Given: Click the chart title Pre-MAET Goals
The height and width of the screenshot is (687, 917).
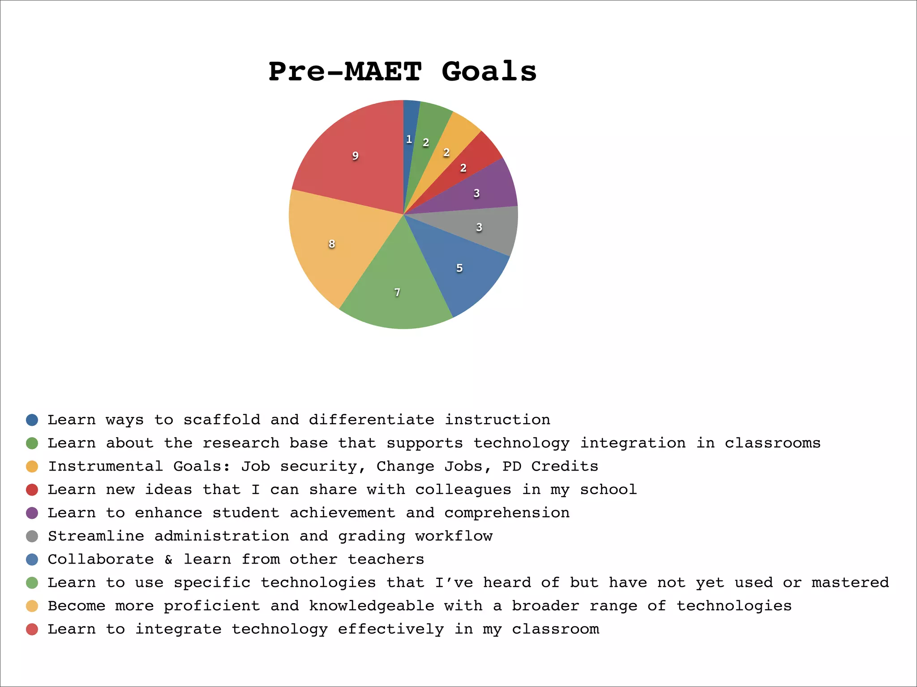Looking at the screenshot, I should pyautogui.click(x=402, y=72).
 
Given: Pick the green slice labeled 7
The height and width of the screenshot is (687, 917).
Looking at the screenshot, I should pyautogui.click(x=396, y=286).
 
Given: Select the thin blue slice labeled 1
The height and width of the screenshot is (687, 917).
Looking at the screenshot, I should pyautogui.click(x=409, y=125).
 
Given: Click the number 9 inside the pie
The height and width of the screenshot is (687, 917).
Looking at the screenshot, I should pyautogui.click(x=355, y=156).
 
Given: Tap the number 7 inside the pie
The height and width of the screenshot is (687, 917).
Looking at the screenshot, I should pyautogui.click(x=397, y=293).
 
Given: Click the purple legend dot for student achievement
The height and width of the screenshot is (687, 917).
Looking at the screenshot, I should pyautogui.click(x=32, y=513).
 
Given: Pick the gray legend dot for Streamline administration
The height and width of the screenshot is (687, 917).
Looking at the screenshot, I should pyautogui.click(x=32, y=536).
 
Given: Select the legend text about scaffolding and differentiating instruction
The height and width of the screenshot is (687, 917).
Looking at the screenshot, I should pyautogui.click(x=299, y=420).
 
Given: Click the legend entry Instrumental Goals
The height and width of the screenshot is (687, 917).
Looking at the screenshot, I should pyautogui.click(x=323, y=466).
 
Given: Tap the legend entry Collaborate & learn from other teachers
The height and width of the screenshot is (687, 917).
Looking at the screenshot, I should pyautogui.click(x=236, y=560).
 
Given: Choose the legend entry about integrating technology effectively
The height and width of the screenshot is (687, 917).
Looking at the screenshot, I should pyautogui.click(x=323, y=629).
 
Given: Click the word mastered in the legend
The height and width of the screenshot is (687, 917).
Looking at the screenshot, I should pyautogui.click(x=850, y=583).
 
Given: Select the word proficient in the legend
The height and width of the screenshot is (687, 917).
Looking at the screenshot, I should pyautogui.click(x=212, y=606).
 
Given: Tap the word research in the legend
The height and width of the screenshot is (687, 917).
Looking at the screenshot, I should pyautogui.click(x=241, y=443).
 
